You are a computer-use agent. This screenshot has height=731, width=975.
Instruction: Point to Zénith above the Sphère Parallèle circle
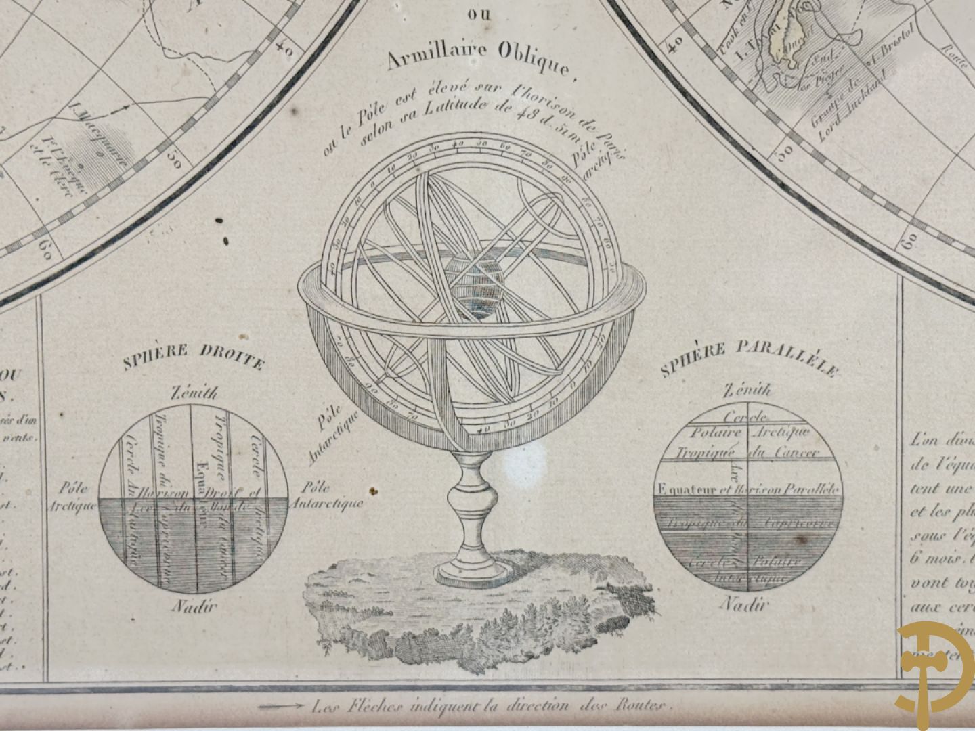[747, 390]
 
